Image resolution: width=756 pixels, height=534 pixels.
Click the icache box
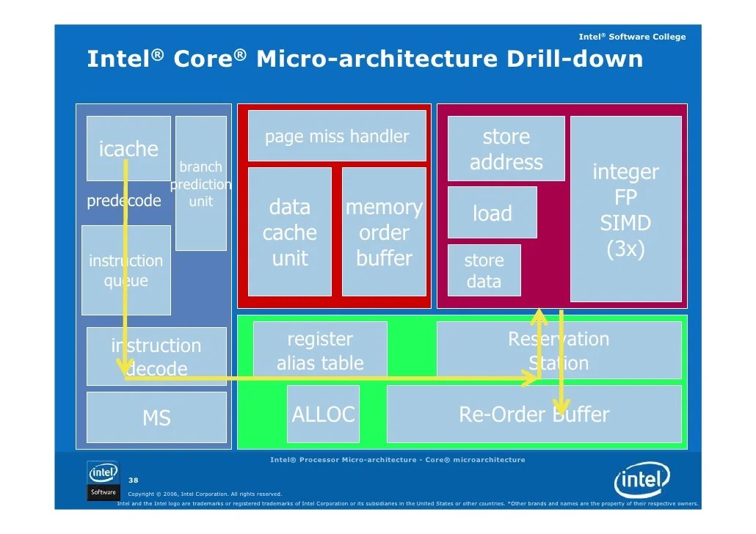tap(128, 148)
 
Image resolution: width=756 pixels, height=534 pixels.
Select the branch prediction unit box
tap(200, 183)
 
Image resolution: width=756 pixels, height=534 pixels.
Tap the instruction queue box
tap(126, 270)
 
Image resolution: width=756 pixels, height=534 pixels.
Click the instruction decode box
tap(156, 356)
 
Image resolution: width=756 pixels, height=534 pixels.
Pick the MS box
tap(156, 417)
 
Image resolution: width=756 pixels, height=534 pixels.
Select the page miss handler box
tap(337, 136)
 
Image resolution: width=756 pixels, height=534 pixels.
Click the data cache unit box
tap(290, 232)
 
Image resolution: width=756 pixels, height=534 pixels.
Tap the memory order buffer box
tap(384, 232)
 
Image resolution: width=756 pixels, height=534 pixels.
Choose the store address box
tap(506, 149)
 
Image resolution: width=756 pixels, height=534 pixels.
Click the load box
tap(492, 213)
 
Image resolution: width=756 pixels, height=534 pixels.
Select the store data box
tap(484, 270)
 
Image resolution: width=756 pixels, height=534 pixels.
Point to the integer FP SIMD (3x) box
tap(625, 209)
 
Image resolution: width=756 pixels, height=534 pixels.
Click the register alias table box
tap(320, 351)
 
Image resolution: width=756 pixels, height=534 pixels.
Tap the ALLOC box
tap(323, 414)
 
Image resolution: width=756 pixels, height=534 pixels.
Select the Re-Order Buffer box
tap(534, 414)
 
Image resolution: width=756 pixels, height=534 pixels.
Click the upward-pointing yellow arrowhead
tap(539, 316)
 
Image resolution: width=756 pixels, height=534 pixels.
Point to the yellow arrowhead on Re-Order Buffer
tap(561, 406)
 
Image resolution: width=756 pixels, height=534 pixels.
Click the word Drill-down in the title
tap(575, 59)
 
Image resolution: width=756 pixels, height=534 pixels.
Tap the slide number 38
tap(134, 480)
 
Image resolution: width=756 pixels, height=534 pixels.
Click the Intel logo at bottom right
tap(641, 481)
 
